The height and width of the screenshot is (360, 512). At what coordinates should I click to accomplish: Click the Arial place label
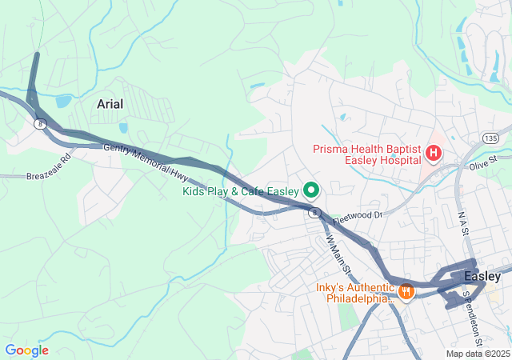(x=110, y=104)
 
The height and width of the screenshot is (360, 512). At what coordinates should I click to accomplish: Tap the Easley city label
(x=483, y=276)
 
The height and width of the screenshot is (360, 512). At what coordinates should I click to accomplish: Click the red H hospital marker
(x=434, y=152)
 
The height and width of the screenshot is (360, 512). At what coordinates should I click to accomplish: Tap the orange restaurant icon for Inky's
(x=406, y=292)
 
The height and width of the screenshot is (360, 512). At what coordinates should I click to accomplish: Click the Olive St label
(x=483, y=162)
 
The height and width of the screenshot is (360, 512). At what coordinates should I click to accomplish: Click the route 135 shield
(x=489, y=138)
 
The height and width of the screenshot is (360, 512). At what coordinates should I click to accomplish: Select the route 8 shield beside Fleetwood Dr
(x=316, y=212)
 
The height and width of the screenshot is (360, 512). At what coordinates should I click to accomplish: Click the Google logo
(x=26, y=350)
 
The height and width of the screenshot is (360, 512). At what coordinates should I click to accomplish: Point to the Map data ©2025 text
(x=477, y=354)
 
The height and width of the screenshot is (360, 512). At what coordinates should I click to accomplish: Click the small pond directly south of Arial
(x=122, y=127)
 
